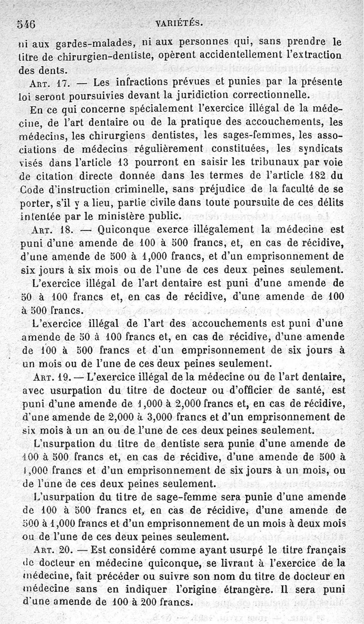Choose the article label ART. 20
pos(51,549)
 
